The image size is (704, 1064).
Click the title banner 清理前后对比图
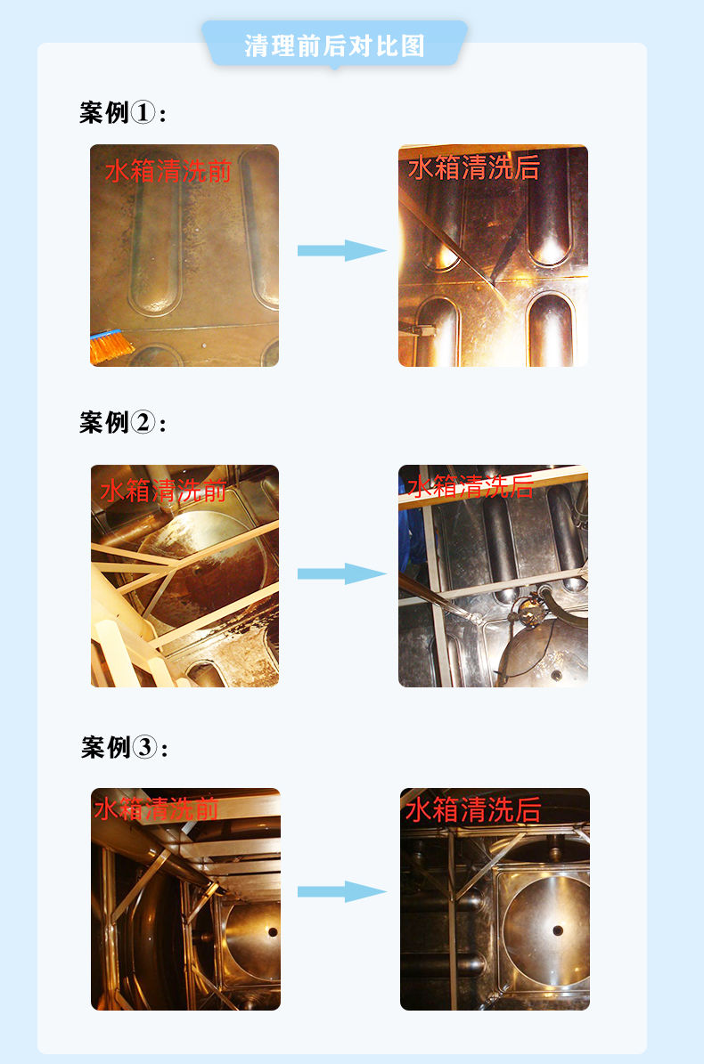(334, 45)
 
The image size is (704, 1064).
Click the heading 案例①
(122, 113)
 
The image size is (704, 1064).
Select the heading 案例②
(122, 422)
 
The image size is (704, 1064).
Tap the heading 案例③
(124, 747)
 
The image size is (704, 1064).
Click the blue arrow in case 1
(341, 250)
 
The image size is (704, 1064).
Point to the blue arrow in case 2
(341, 573)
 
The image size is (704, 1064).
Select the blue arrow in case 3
(341, 891)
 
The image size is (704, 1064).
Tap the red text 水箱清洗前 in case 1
(168, 170)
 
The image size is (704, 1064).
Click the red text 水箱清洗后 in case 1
(473, 167)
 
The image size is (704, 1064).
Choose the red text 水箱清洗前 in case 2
(162, 490)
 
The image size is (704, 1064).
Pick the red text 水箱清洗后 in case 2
(470, 486)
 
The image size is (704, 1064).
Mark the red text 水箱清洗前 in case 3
(156, 808)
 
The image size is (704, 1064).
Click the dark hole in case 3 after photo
(558, 930)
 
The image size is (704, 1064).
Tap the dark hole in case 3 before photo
(273, 932)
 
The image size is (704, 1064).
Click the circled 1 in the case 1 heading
(143, 113)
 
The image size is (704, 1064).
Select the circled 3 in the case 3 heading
(145, 747)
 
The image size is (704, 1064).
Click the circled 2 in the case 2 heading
(143, 422)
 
